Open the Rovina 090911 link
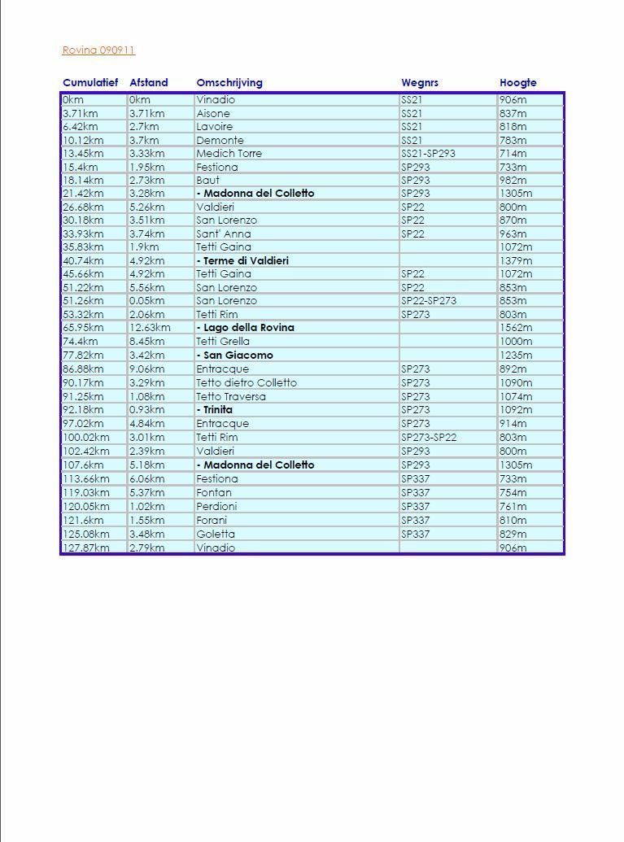click(98, 50)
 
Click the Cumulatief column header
click(90, 83)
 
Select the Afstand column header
click(149, 83)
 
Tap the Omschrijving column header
click(229, 83)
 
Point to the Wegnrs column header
click(420, 83)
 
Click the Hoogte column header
click(518, 83)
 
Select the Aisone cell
click(213, 113)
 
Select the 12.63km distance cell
click(151, 328)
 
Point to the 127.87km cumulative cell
click(86, 548)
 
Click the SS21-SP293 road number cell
click(428, 154)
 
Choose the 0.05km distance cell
click(147, 301)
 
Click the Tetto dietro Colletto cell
click(247, 383)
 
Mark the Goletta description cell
click(216, 534)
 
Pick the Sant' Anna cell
click(224, 234)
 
